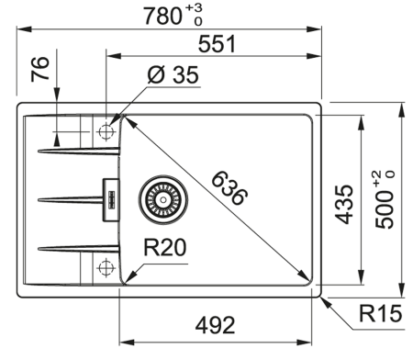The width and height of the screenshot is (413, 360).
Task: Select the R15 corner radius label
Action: pyautogui.click(x=377, y=318)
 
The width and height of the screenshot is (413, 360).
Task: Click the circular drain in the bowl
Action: pyautogui.click(x=163, y=196)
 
